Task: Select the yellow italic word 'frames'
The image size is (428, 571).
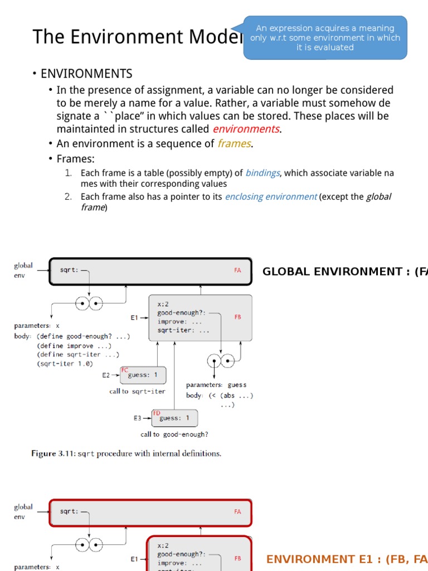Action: click(234, 144)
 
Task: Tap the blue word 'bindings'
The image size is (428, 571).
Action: click(262, 173)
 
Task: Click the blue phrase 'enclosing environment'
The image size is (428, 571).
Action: click(271, 196)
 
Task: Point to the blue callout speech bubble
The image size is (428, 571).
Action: click(325, 37)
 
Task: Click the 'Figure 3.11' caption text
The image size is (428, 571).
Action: click(126, 453)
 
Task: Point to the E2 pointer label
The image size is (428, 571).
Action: click(106, 375)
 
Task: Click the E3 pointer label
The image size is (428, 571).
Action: click(137, 418)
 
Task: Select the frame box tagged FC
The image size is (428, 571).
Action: click(143, 375)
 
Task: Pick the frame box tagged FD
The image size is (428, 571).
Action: click(174, 418)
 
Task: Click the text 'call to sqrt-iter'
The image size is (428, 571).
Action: click(137, 391)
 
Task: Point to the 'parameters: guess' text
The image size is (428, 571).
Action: click(216, 385)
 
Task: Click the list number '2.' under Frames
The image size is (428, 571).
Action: click(69, 196)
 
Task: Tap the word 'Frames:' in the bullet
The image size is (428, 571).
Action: click(76, 159)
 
